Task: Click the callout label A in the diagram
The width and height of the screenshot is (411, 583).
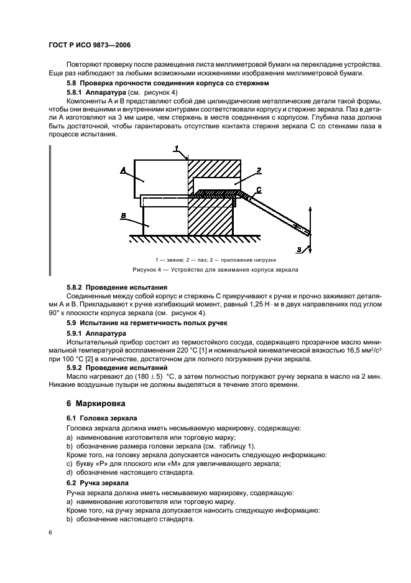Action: click(123, 169)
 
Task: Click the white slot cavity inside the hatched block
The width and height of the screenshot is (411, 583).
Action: click(215, 184)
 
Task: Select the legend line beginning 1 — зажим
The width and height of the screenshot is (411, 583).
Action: click(215, 259)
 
